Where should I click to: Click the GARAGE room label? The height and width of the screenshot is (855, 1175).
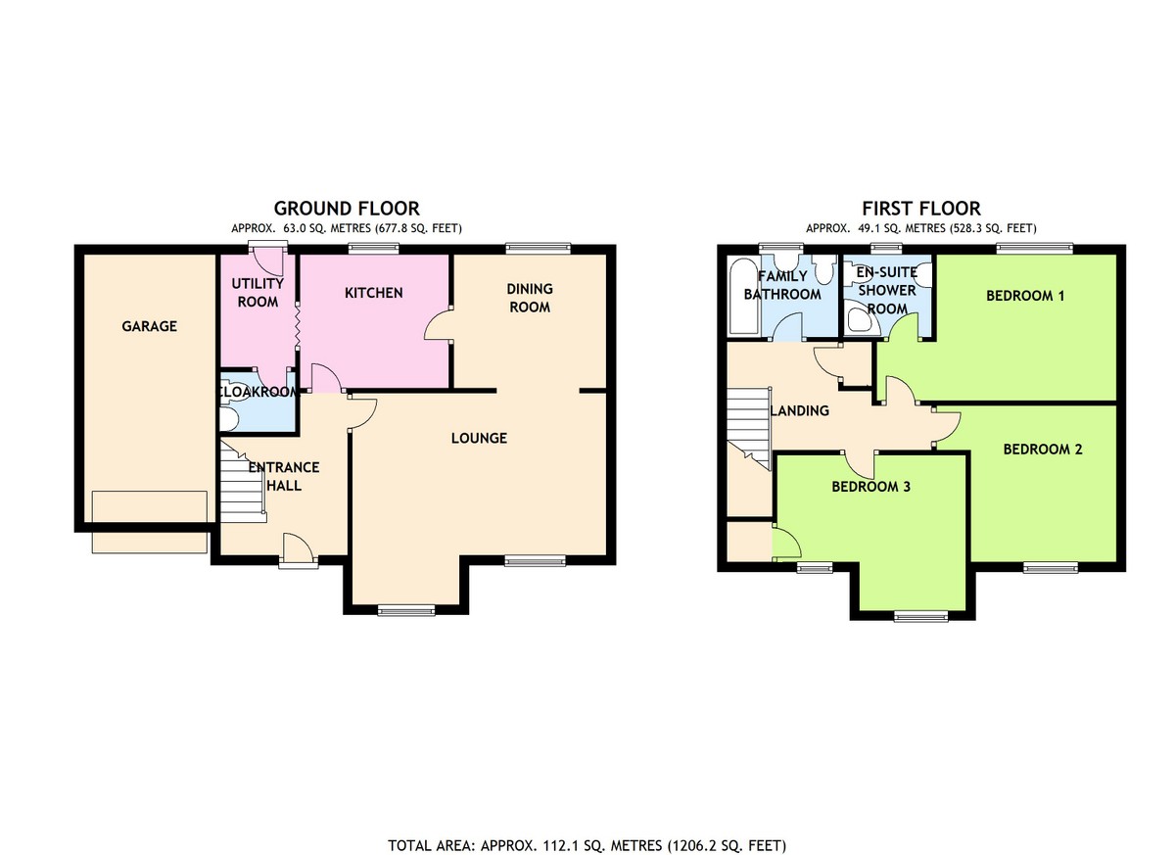coord(149,326)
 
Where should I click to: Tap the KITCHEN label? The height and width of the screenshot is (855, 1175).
coord(373,293)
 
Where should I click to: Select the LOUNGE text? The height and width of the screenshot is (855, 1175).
coord(479,438)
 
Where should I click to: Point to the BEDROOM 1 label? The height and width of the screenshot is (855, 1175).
coord(1025,296)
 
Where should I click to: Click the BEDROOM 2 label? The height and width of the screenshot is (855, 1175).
coord(1042,450)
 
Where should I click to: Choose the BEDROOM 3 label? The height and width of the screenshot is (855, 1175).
coord(870,487)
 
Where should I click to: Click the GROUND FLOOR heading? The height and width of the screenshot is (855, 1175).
coord(347,209)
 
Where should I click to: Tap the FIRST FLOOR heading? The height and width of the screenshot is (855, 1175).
coord(921,209)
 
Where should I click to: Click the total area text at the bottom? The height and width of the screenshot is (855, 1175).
coord(587,831)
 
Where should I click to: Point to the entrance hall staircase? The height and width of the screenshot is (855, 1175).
coord(241,483)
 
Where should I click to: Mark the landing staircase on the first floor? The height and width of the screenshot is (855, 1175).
coord(748,428)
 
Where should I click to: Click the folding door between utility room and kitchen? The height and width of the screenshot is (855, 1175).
coord(297,325)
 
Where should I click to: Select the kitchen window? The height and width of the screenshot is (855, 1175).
coord(373,248)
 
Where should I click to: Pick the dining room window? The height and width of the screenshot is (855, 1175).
coord(538,248)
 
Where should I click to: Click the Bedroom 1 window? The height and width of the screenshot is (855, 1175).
coord(1034,248)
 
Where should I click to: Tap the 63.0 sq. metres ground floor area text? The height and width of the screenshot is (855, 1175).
coord(347,229)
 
